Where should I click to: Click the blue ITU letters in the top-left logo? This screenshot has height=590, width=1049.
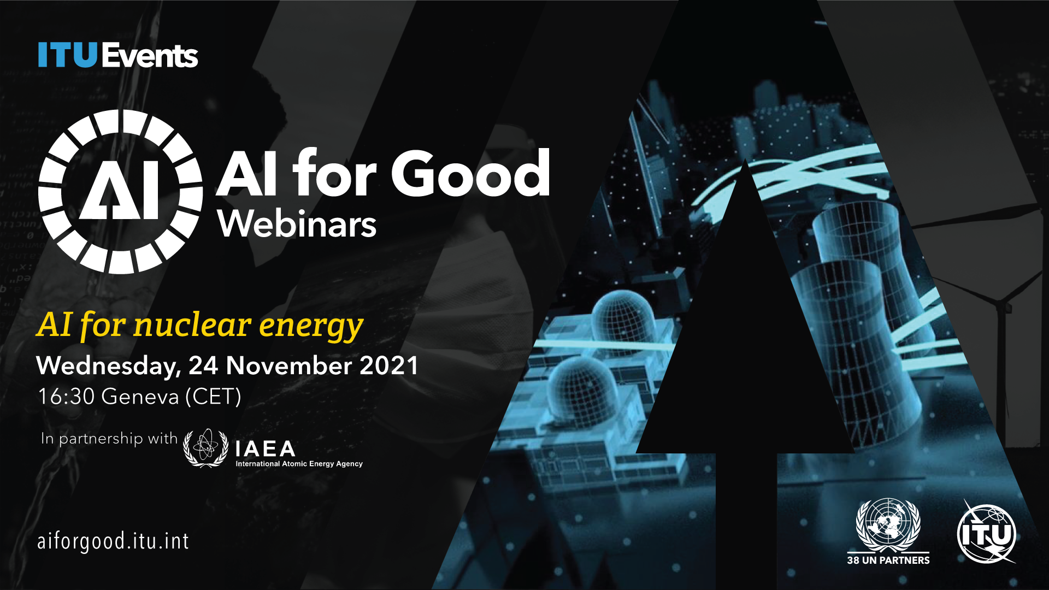point(67,55)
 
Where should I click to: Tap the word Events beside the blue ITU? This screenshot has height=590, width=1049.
point(149,56)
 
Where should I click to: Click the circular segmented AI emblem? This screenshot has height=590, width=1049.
point(121,192)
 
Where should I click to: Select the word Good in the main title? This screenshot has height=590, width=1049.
point(470,173)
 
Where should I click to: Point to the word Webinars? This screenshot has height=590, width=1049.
point(297,223)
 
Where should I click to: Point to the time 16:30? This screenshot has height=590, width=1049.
point(66,396)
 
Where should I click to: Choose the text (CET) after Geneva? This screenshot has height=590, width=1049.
point(213,397)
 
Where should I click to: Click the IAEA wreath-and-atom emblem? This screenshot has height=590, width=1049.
point(205,448)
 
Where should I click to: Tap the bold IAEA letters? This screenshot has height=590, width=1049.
point(266,449)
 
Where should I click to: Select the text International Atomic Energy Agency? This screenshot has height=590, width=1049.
point(299,464)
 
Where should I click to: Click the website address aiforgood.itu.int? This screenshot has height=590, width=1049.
point(113,541)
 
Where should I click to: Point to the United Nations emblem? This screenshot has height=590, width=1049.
point(888,525)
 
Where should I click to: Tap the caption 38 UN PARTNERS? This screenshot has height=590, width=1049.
point(888,560)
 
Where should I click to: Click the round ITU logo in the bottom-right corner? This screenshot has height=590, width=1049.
point(987,533)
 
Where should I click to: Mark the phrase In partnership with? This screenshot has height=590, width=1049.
point(109,439)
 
